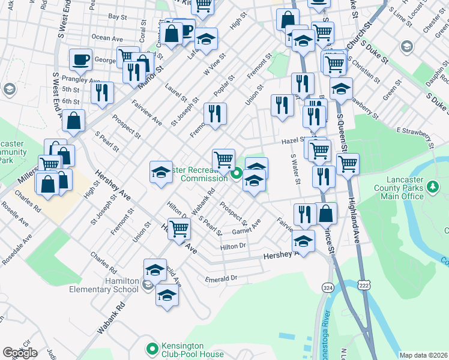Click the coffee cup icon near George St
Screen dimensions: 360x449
80,59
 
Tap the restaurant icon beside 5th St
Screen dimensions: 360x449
103,92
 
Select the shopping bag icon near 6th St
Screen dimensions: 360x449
73,120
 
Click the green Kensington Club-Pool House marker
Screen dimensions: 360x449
152,347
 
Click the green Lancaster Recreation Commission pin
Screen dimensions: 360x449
237,175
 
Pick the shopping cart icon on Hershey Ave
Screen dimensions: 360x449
179,228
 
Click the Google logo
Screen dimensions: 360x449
20,353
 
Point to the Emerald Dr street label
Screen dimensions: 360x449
221,278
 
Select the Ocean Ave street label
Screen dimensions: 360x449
107,38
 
